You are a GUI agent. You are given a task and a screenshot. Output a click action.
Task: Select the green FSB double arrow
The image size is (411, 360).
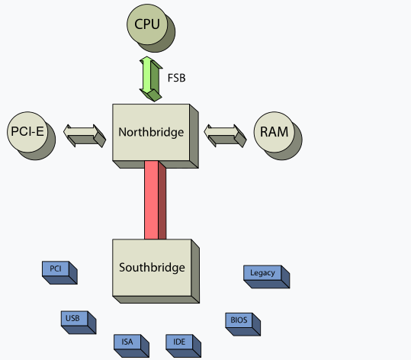click(x=151, y=79)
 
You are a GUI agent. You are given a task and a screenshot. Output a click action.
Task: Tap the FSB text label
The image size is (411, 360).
click(x=176, y=78)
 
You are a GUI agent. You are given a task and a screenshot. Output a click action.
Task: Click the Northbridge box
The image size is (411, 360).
click(x=155, y=135)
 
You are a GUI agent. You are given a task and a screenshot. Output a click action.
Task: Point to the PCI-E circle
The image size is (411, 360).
click(x=29, y=133)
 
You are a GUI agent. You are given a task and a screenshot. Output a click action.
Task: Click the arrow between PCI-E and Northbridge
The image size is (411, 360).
click(x=85, y=136)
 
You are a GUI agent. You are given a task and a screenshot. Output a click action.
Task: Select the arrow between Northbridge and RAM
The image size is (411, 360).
click(x=225, y=136)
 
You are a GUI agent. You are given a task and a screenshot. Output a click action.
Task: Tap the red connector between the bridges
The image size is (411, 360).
click(x=155, y=200)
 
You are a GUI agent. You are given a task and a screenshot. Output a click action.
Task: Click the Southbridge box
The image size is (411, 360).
click(x=156, y=271)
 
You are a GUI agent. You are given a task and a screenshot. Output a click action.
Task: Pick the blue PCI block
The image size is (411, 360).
click(x=59, y=272)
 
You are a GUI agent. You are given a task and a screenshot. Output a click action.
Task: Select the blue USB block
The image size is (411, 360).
click(x=78, y=322)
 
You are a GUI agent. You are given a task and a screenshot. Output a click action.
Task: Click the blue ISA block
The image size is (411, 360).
click(x=131, y=346)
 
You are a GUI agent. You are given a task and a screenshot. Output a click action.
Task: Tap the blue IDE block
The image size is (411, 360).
click(x=183, y=346)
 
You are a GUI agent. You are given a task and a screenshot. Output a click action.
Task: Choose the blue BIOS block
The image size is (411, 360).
click(x=242, y=324)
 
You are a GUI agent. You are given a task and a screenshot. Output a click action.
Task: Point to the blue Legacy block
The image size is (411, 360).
click(x=266, y=276)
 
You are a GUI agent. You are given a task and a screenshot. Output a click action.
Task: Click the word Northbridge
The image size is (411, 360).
click(x=151, y=133)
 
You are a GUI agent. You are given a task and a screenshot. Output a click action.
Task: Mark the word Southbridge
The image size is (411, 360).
click(x=152, y=268)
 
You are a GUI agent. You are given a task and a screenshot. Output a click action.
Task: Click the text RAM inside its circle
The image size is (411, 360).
click(x=275, y=132)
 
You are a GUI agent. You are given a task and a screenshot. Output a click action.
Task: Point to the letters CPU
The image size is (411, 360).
click(x=147, y=24)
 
